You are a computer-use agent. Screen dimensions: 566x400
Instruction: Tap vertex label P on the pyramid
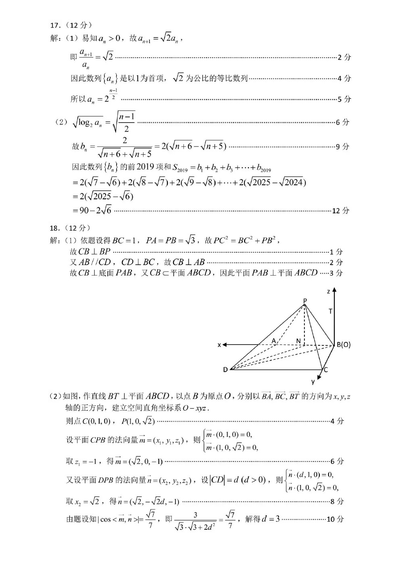click(x=305, y=301)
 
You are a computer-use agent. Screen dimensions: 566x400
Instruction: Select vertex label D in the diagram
click(x=225, y=370)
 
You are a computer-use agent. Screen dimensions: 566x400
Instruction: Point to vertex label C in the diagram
click(x=325, y=370)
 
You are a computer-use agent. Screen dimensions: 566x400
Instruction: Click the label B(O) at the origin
click(x=344, y=345)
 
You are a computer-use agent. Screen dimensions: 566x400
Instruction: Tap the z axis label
click(x=329, y=291)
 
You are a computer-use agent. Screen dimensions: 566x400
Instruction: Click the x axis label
click(x=219, y=345)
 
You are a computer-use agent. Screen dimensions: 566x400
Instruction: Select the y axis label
click(x=313, y=381)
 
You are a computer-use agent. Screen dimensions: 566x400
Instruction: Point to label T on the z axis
click(x=331, y=311)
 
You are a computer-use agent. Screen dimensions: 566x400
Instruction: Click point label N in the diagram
click(x=298, y=341)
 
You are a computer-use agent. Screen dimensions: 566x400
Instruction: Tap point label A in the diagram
click(x=274, y=341)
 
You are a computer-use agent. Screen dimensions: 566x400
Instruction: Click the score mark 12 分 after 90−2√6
click(x=340, y=211)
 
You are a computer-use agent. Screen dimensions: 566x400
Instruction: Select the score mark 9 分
click(x=343, y=147)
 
